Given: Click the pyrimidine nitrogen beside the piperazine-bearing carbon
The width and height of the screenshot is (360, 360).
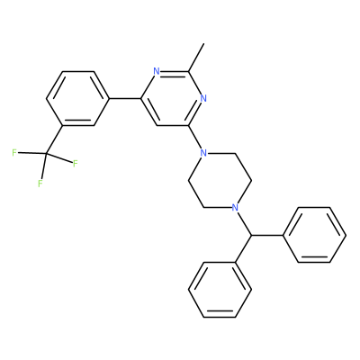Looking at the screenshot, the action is [x=203, y=98].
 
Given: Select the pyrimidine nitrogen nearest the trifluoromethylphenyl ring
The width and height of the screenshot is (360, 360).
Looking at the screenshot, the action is [x=156, y=71].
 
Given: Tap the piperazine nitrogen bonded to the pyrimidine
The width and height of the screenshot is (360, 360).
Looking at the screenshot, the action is [x=203, y=154].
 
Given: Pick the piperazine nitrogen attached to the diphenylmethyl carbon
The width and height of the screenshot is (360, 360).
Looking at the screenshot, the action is [x=236, y=207].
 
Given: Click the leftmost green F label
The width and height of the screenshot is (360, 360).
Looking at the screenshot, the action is [x=14, y=153].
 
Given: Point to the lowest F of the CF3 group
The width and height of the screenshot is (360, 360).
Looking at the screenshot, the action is [x=40, y=184].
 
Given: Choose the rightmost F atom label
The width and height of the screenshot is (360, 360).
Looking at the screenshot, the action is [x=76, y=164].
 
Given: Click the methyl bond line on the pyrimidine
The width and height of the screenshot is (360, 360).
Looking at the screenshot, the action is [x=196, y=58].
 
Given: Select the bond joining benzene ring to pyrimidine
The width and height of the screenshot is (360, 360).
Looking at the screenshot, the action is [x=125, y=99].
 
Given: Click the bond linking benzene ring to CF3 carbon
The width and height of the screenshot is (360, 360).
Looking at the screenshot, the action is [x=55, y=139].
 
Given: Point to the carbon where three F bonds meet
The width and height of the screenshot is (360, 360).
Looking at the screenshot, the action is [x=46, y=154].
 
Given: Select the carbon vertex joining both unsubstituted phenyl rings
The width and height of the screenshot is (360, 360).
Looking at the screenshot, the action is [x=251, y=236].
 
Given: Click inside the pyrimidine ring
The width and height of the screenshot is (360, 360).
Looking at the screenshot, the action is [x=172, y=99].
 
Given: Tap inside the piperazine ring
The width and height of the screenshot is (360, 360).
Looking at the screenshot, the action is [x=220, y=180].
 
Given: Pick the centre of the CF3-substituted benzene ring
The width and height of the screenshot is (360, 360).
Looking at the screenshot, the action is [x=77, y=99].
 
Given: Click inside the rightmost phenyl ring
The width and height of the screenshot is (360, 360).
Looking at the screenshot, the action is [x=314, y=235].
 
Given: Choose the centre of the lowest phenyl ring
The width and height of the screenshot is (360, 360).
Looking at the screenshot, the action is [x=220, y=290].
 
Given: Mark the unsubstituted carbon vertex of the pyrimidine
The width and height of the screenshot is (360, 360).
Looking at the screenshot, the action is [x=157, y=126].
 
